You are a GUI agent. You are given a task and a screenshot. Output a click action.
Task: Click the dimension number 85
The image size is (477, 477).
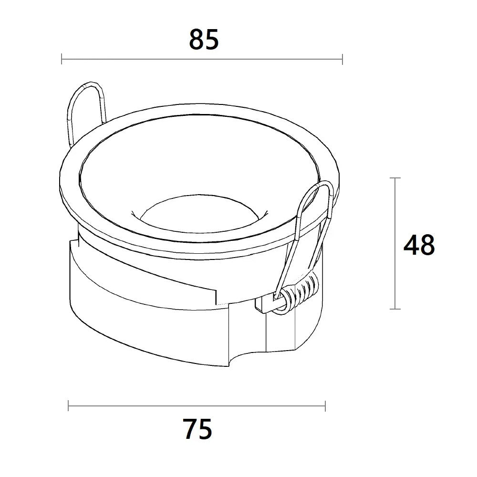tap(204, 40)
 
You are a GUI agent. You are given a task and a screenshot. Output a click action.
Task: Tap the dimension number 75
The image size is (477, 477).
tap(197, 429)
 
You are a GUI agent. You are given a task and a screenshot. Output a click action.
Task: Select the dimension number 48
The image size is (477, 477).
tap(419, 245)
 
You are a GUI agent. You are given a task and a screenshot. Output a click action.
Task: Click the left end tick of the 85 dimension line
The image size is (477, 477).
tap(62, 59)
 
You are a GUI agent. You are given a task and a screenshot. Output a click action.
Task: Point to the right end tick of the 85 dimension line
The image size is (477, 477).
tap(342, 59)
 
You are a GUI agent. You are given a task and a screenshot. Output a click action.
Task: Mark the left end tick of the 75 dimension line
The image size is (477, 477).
tap(68, 406)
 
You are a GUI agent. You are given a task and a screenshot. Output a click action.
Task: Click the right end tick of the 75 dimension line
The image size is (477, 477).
tap(325, 406)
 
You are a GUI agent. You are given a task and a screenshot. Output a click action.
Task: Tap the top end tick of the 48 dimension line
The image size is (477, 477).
tap(395, 178)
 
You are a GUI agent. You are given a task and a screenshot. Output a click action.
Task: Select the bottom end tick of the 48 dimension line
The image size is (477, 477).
tap(395, 309)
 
